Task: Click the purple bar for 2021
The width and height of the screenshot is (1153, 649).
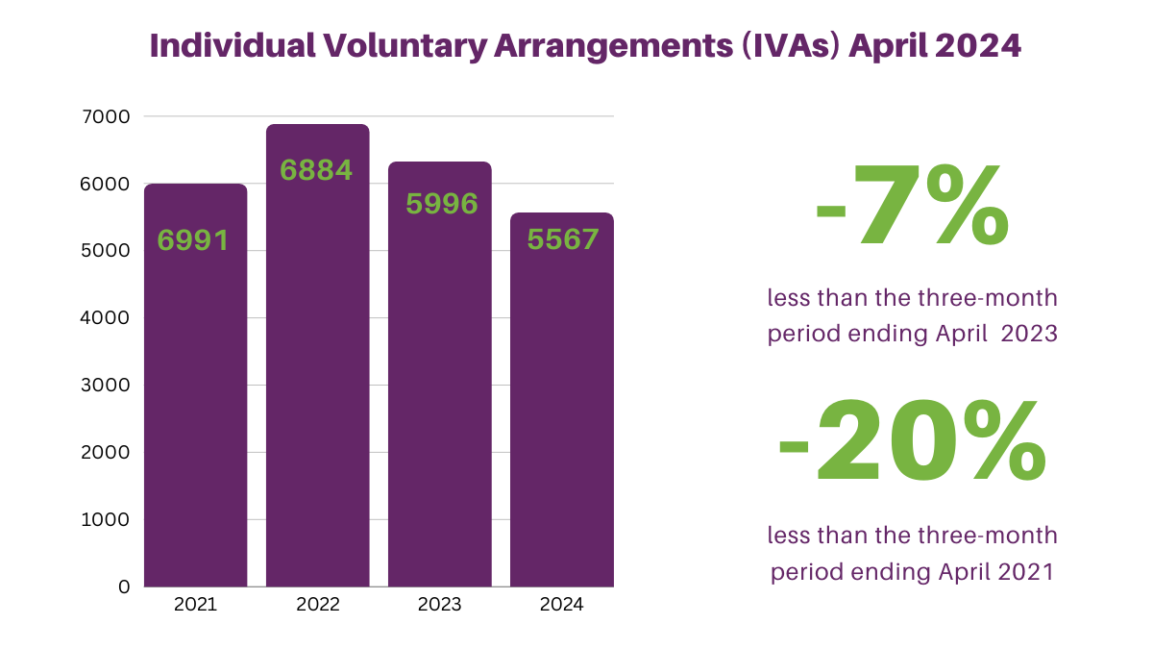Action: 196,386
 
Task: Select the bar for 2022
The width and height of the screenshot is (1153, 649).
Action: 318,356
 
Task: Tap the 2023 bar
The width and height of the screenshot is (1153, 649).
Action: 440,374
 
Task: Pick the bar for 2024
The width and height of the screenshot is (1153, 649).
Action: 562,400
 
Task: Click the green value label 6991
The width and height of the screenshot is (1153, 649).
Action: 193,240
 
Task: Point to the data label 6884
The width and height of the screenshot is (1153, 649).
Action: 316,170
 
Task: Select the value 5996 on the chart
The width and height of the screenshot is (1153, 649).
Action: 442,204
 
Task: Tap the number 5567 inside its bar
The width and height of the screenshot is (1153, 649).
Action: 563,239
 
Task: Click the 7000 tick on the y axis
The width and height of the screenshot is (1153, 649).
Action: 106,117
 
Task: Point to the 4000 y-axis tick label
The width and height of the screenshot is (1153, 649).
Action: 105,318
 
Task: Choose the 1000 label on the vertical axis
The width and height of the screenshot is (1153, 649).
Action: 106,520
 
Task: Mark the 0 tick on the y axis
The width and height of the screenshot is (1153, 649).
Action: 124,587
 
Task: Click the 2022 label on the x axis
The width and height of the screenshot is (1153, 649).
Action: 318,605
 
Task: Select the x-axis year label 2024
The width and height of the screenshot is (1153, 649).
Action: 561,605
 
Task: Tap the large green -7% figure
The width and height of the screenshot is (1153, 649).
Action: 912,205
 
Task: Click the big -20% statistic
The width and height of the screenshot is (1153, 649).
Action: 912,441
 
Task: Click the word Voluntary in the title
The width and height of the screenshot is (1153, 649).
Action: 405,46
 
